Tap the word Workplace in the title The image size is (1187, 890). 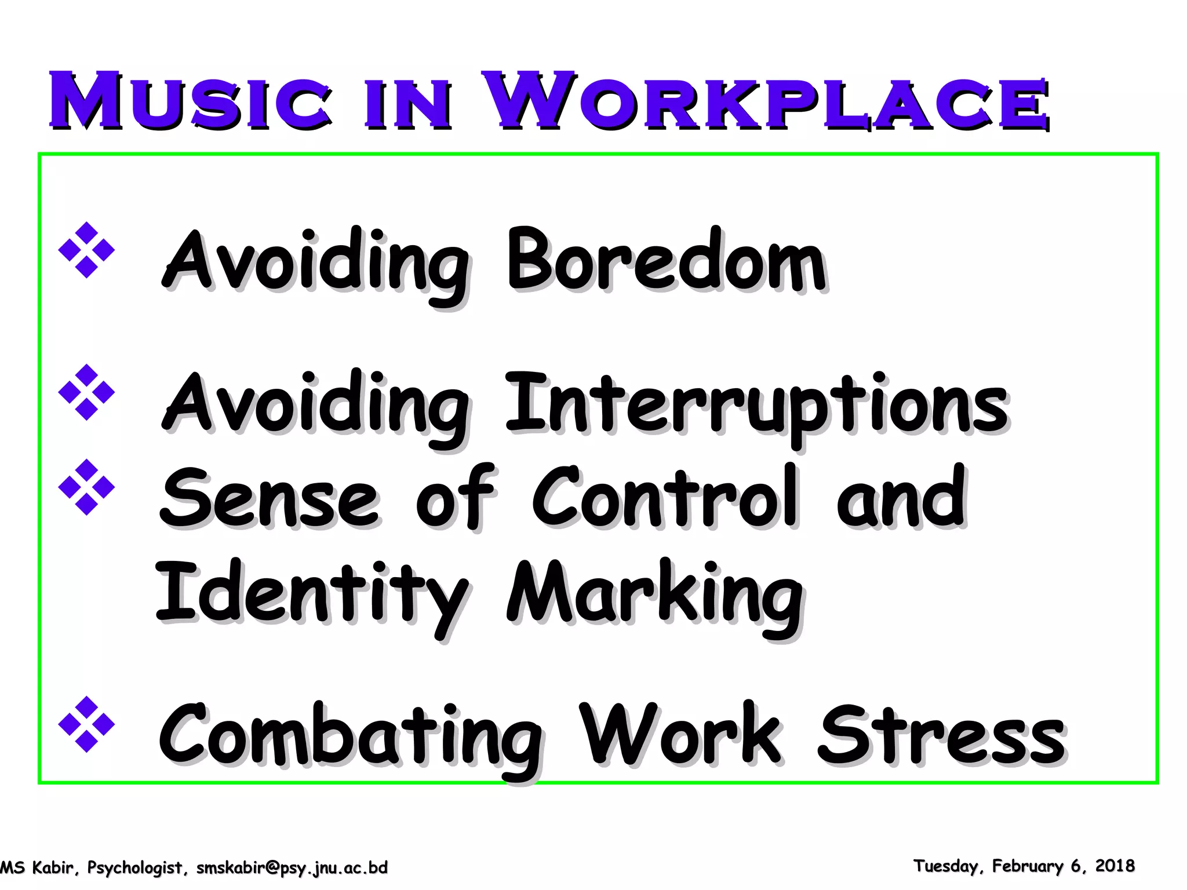click(x=765, y=101)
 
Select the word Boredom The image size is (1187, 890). click(x=667, y=261)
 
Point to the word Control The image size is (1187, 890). click(x=667, y=498)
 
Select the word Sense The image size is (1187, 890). click(x=270, y=498)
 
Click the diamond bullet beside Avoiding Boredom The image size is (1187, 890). click(x=87, y=250)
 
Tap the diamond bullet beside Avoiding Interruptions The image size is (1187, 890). click(x=87, y=392)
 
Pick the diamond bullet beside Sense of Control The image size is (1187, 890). click(x=87, y=487)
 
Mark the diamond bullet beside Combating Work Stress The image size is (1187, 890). click(x=87, y=724)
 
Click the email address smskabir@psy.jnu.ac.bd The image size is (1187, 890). click(x=292, y=867)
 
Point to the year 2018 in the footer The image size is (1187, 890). click(x=1115, y=866)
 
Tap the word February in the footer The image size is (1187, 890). click(x=1028, y=866)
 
